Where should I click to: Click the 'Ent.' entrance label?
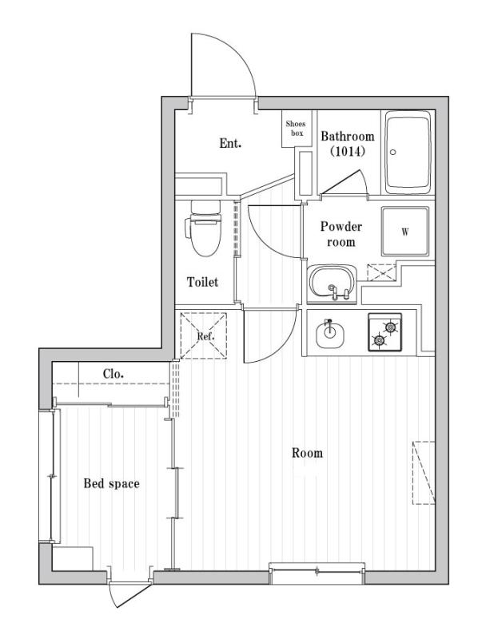click(230, 145)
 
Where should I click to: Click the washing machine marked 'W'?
click(404, 232)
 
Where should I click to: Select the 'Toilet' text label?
click(202, 282)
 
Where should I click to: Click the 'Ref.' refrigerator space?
click(205, 336)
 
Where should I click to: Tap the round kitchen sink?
click(329, 332)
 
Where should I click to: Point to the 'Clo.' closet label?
click(112, 374)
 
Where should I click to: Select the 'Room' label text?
click(306, 453)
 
